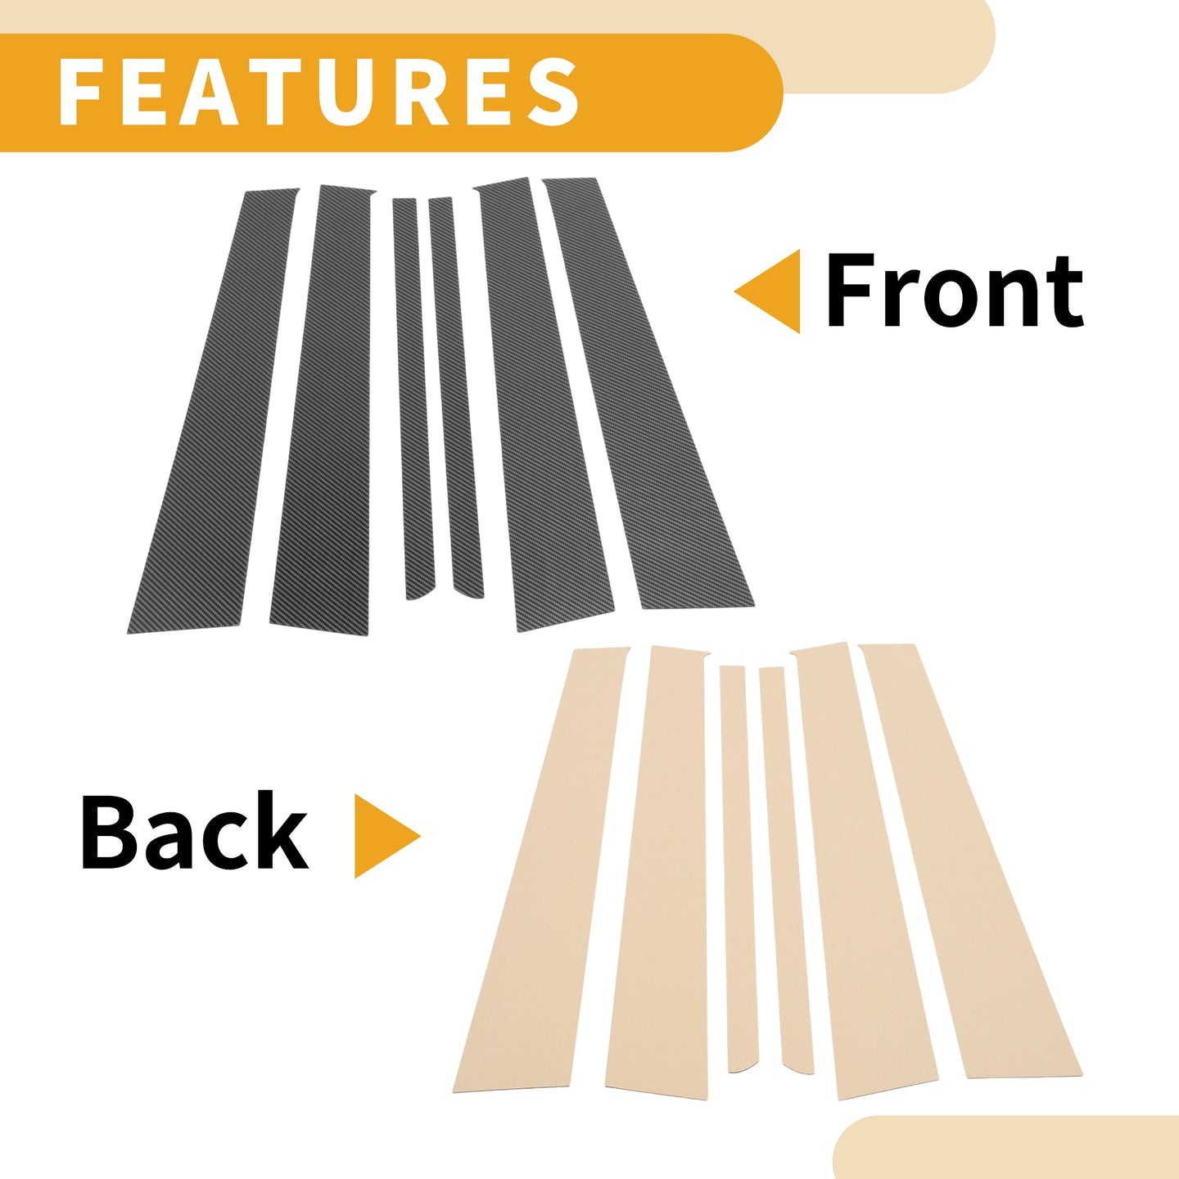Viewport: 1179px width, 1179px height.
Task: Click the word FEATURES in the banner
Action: tap(318, 93)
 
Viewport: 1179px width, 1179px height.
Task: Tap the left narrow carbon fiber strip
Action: tap(413, 398)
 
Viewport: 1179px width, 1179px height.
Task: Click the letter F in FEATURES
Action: tap(80, 93)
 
